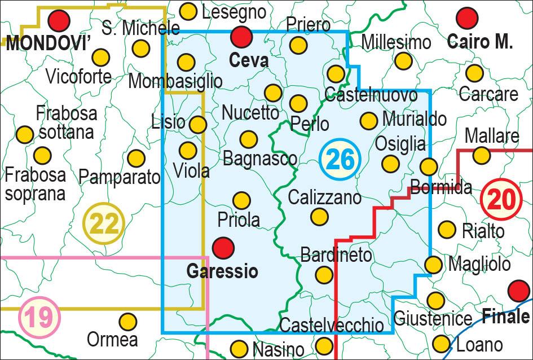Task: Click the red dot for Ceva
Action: coord(241,37)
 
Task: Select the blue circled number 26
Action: coord(340,160)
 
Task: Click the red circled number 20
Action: coord(501,198)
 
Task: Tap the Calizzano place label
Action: coord(324,197)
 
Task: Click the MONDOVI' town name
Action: coord(47,44)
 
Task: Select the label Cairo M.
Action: coord(480,41)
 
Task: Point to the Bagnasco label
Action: coord(260,159)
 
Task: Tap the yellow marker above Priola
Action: coord(241,200)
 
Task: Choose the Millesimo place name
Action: coord(396,42)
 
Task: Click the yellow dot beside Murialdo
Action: coord(368,120)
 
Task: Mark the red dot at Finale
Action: coord(518,291)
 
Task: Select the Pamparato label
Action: coord(120,178)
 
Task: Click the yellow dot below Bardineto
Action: coord(324,275)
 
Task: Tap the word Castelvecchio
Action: coord(332,325)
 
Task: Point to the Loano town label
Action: coord(479,344)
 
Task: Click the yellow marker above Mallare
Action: coord(481,155)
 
